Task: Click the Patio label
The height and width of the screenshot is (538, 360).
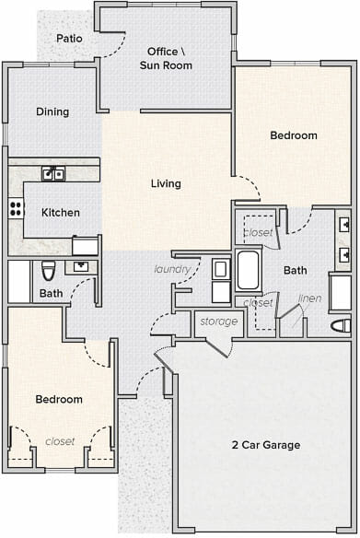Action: [x=69, y=38]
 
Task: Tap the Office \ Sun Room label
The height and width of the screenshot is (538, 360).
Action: [x=166, y=58]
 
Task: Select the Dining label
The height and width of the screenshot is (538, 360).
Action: [x=52, y=111]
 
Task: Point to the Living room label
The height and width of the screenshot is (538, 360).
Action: [x=166, y=183]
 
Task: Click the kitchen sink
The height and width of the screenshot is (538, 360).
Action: [x=53, y=174]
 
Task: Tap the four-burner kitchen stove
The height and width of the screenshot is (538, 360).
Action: [x=17, y=208]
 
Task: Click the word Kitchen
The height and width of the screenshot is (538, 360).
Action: [x=61, y=213]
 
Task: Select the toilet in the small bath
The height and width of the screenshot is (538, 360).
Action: [x=49, y=271]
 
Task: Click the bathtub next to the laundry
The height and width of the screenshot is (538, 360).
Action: [x=248, y=270]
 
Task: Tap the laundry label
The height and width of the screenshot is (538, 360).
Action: [x=172, y=269]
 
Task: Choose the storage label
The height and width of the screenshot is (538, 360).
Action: [x=219, y=322]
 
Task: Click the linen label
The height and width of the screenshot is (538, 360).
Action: [x=310, y=298]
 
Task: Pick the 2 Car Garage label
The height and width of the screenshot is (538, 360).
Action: [x=266, y=445]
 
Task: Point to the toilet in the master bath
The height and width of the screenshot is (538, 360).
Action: [x=342, y=325]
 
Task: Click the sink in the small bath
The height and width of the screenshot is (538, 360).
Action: [x=81, y=266]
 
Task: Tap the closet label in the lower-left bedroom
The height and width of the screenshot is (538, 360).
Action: [x=60, y=441]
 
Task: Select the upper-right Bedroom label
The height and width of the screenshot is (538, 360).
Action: [x=294, y=135]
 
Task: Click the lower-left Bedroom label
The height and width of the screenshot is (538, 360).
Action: [x=59, y=400]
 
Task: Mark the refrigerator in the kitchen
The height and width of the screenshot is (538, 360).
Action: [x=85, y=246]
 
